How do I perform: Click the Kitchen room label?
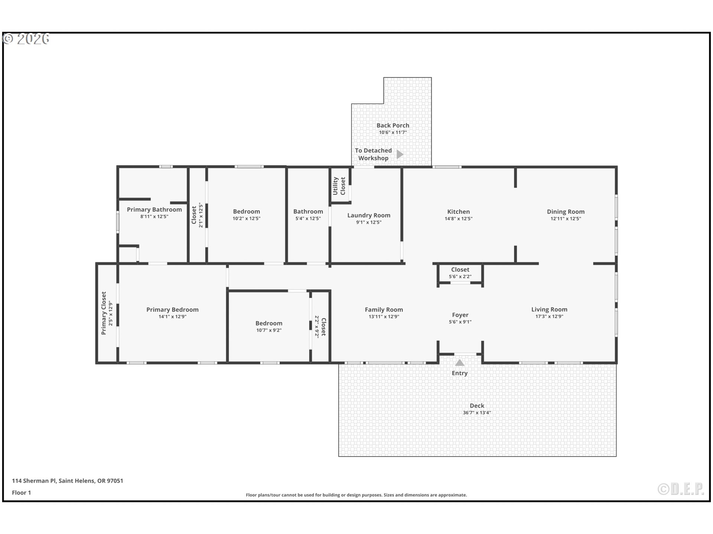click(458, 212)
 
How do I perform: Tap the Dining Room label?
click(566, 212)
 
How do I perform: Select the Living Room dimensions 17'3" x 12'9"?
click(549, 317)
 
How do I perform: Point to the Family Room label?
click(384, 310)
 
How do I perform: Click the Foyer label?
click(460, 315)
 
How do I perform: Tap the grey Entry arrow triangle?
click(460, 363)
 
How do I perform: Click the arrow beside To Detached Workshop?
click(400, 154)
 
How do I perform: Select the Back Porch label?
click(393, 125)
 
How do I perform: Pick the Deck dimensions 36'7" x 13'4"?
click(477, 413)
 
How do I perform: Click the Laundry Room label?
click(369, 215)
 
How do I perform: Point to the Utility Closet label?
click(339, 186)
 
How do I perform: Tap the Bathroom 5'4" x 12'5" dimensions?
click(308, 219)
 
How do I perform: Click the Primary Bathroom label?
click(154, 210)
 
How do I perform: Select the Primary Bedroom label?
click(172, 310)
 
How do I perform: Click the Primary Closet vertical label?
click(104, 313)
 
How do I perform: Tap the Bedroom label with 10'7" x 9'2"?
click(269, 323)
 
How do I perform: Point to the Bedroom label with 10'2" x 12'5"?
click(247, 212)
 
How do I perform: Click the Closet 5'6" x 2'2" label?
click(460, 270)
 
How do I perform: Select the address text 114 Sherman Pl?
click(34, 481)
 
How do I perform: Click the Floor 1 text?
click(21, 493)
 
